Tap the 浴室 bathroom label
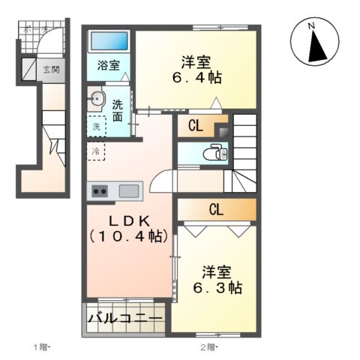[108, 64]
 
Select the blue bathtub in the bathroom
[109, 42]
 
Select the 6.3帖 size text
[214, 288]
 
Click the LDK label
[127, 220]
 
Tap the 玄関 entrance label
[50, 70]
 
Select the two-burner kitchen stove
[99, 191]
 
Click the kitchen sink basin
[128, 190]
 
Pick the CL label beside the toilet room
[194, 125]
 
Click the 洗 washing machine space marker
[96, 127]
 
